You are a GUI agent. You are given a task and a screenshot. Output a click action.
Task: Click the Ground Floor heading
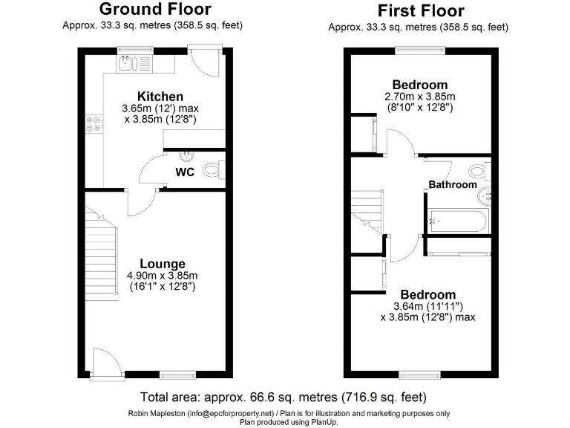coord(154,10)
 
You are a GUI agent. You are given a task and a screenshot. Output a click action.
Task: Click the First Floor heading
coord(420,11)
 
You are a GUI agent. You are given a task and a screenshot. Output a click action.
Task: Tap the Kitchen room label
coord(160,97)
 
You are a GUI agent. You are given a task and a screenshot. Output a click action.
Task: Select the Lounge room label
coord(163,264)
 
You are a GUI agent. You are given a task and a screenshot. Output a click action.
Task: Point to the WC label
coord(185,172)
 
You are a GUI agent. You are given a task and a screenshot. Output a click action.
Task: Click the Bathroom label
coord(453,184)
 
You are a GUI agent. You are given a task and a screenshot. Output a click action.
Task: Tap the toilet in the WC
coord(213,171)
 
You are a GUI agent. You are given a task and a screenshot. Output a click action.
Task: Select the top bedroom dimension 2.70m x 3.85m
coord(419,97)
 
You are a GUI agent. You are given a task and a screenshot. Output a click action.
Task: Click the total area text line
coord(284,397)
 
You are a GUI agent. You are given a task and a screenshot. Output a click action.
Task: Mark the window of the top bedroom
coord(420,50)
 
